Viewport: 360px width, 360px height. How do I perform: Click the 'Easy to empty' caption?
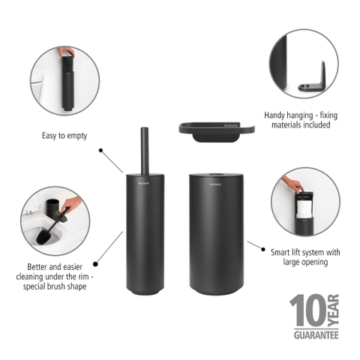(64, 136)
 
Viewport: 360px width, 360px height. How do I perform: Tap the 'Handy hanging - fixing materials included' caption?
(301, 120)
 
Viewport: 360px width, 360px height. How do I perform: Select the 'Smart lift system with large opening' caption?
(305, 257)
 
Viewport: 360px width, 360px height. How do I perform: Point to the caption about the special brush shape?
(55, 277)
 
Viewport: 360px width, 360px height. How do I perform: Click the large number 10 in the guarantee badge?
(308, 310)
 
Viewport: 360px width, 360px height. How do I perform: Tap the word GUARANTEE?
(316, 335)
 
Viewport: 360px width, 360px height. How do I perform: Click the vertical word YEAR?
(333, 310)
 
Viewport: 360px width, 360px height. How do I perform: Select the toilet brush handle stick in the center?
(145, 151)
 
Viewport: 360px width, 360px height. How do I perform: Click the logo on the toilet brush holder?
(144, 184)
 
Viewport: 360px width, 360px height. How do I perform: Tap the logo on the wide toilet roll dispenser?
(215, 184)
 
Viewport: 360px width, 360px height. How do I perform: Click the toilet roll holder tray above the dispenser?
(217, 132)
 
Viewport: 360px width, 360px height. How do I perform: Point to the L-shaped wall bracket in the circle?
(312, 79)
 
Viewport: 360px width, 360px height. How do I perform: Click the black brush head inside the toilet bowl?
(44, 237)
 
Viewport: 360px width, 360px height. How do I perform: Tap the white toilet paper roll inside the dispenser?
(304, 208)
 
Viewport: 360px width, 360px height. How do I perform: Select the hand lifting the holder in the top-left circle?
(67, 52)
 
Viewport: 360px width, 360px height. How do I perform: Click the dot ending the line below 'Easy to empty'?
(100, 150)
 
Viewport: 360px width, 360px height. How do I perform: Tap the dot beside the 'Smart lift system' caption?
(263, 249)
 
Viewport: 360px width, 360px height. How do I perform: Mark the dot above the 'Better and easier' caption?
(95, 264)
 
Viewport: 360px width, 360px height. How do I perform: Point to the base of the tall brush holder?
(145, 291)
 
